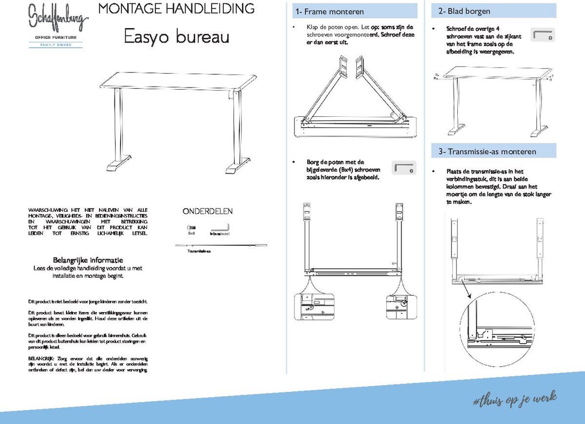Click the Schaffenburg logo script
pos(58,18)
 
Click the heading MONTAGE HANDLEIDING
pos(176,8)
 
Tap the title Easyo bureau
pos(176,37)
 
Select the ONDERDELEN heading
pos(207,211)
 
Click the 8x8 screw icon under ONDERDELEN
pos(191,227)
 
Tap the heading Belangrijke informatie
pos(88,260)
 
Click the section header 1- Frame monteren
pos(329,12)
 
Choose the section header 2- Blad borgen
pos(464,11)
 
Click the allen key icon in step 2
pos(543,34)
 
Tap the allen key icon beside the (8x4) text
pos(404,168)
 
